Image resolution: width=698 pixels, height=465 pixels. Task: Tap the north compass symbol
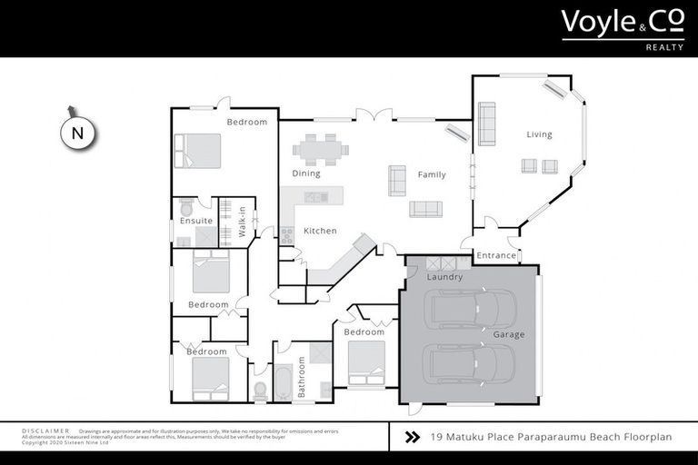[77, 132]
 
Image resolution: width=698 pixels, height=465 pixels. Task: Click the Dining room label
[306, 173]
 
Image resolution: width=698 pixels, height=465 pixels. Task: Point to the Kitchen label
[320, 231]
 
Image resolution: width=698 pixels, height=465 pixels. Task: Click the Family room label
[432, 174]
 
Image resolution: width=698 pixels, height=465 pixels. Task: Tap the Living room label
[539, 135]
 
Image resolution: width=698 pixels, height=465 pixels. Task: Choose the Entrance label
[496, 256]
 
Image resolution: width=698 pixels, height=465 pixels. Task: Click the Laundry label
[445, 277]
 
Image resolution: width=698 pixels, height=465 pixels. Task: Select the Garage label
[509, 335]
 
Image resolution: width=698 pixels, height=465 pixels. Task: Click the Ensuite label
[195, 221]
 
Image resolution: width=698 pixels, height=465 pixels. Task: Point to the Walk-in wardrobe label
[243, 223]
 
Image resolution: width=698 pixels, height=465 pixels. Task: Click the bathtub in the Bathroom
[282, 382]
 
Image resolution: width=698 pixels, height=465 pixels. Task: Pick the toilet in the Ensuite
[188, 205]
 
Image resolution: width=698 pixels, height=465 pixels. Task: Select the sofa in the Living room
[487, 124]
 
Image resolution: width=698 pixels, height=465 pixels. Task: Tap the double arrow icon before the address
[412, 437]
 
